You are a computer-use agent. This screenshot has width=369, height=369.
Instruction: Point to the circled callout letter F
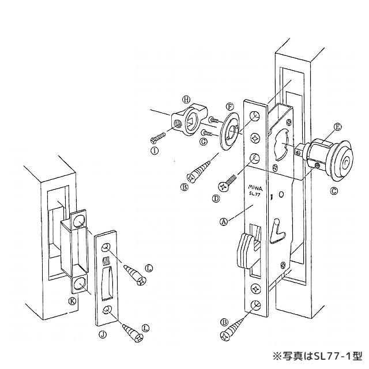229,107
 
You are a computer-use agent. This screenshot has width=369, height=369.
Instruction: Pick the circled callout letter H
186,98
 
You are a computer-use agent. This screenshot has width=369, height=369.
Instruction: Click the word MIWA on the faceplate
255,187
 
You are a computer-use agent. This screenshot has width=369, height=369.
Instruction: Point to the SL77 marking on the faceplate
255,194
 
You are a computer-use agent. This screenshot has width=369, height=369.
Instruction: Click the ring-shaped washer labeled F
231,131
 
